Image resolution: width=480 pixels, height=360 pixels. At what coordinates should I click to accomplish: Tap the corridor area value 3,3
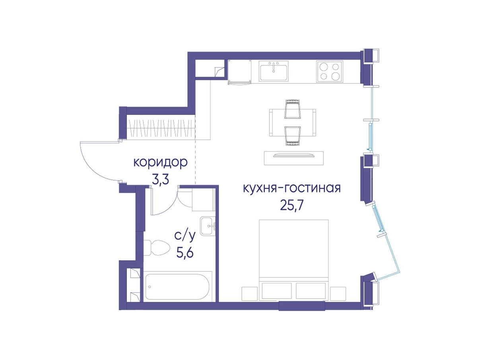click(x=161, y=180)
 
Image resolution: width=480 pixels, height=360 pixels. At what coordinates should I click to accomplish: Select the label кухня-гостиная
click(x=292, y=189)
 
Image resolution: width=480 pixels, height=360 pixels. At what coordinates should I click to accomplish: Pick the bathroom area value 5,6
click(x=185, y=253)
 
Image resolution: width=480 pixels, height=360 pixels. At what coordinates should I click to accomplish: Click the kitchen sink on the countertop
click(x=274, y=70)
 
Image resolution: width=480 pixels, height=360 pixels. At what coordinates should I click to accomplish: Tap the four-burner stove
click(x=330, y=72)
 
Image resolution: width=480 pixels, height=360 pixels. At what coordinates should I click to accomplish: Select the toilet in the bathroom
click(x=157, y=247)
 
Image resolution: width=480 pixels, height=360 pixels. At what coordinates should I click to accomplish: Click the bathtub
click(x=177, y=287)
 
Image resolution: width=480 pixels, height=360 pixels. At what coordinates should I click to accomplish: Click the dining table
click(x=293, y=123)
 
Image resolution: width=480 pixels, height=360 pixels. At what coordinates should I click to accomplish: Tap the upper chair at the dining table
click(x=293, y=109)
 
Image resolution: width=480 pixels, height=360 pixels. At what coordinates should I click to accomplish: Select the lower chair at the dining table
click(x=293, y=136)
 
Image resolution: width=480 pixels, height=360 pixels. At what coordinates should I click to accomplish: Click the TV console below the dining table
click(x=293, y=158)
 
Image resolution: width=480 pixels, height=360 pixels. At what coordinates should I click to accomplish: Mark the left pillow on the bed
click(x=277, y=291)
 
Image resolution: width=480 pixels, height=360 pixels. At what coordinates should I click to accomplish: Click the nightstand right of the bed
click(x=338, y=294)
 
